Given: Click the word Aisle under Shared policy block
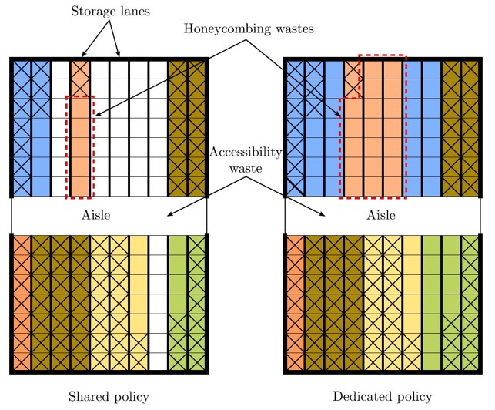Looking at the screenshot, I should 96,215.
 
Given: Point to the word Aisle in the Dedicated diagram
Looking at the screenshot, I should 382,215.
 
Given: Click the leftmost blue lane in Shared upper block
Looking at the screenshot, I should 21,127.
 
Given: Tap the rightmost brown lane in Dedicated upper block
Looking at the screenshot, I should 470,127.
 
